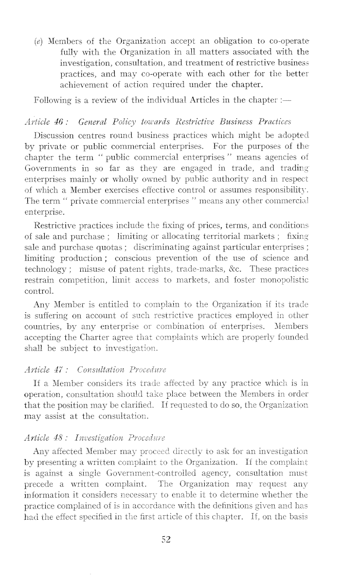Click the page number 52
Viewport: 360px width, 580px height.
[165, 525]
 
